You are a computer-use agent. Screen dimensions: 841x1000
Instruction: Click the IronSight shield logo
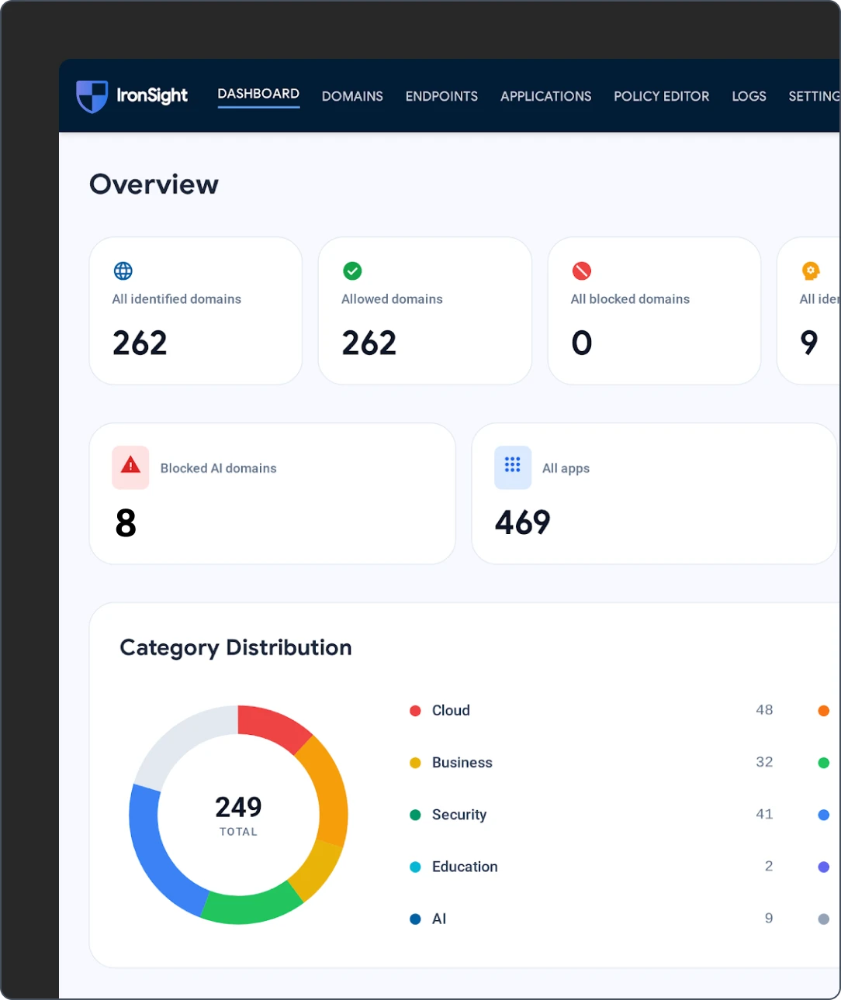point(92,96)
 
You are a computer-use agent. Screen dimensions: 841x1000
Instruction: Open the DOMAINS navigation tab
point(352,96)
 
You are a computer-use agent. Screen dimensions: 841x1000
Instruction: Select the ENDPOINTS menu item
point(441,96)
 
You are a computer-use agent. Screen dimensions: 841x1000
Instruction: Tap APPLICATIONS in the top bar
point(545,96)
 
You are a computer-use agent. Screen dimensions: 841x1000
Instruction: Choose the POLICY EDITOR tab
point(661,96)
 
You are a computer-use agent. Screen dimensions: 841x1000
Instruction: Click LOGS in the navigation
point(749,96)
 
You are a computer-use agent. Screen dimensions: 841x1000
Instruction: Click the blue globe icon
point(123,271)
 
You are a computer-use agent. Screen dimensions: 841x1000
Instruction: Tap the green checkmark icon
point(352,271)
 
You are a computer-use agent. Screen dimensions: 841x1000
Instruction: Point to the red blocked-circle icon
point(582,271)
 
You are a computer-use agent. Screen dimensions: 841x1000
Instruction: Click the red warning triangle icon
point(130,466)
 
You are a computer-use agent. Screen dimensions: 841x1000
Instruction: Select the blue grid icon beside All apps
point(513,467)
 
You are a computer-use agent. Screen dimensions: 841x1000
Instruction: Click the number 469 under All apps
point(523,522)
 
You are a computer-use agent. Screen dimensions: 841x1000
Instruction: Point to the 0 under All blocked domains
point(582,343)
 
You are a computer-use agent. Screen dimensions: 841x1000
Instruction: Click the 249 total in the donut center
point(238,807)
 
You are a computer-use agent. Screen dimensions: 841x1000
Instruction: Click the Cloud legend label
point(451,710)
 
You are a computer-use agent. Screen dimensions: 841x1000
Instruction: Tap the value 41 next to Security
point(764,814)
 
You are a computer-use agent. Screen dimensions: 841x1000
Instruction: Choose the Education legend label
point(465,867)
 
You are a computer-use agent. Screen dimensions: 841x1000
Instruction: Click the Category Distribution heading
point(236,648)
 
